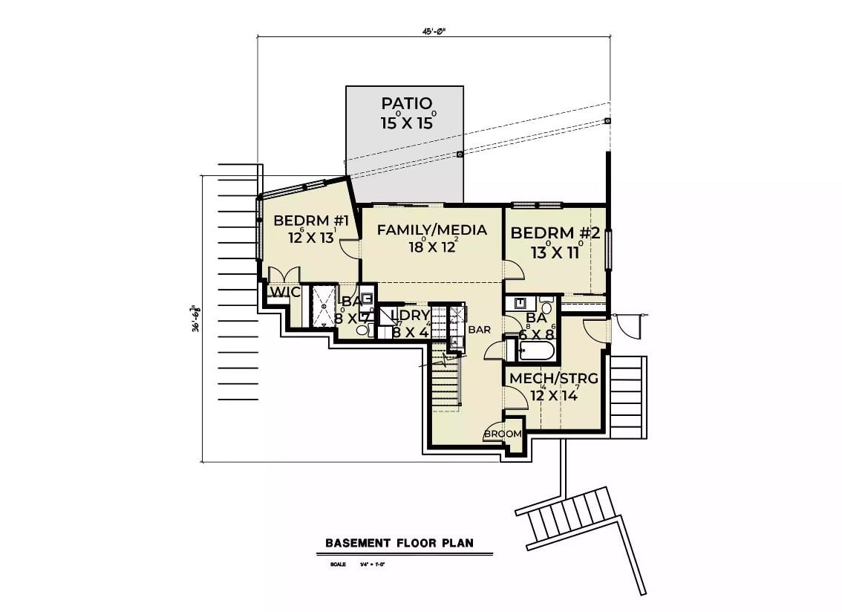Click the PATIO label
[406, 102]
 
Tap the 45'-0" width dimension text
[435, 32]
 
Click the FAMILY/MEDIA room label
[431, 230]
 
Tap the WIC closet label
[284, 293]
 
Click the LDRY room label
[410, 316]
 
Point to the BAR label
[479, 329]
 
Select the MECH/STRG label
[553, 379]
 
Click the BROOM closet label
[503, 434]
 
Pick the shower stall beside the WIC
[323, 305]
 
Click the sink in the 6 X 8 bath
[520, 304]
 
